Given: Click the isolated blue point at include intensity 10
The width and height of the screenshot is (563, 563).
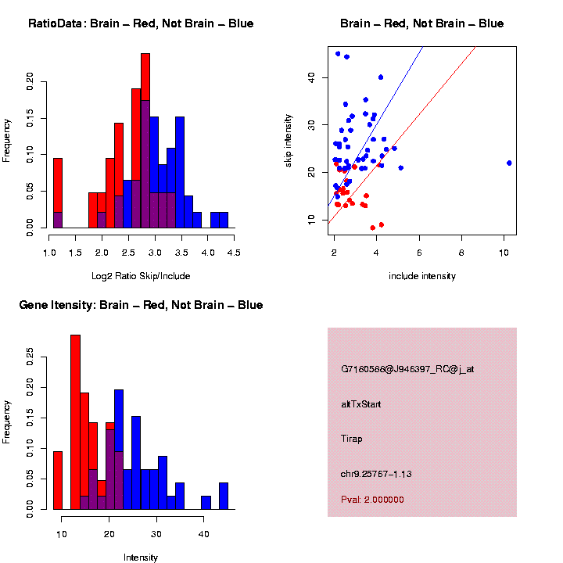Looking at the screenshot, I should click(509, 163).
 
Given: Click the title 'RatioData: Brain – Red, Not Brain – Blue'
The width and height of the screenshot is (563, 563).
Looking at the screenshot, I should click(141, 23).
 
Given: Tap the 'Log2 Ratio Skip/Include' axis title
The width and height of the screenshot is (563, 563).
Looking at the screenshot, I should click(141, 276).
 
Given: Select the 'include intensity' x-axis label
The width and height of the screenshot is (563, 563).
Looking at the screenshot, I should click(422, 276).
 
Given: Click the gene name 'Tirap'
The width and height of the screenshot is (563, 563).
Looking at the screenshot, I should click(353, 438).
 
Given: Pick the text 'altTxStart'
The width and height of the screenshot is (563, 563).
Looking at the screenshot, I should click(361, 404).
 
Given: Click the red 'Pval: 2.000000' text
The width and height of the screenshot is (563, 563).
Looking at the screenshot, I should click(372, 500).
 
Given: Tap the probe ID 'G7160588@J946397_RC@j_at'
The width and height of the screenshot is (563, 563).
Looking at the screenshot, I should click(407, 368).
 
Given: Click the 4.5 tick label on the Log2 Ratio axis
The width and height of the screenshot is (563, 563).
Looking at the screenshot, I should click(233, 253).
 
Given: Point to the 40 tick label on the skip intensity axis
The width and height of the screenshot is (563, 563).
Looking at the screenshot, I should click(310, 77).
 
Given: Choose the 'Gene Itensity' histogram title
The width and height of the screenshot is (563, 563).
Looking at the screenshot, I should click(141, 305).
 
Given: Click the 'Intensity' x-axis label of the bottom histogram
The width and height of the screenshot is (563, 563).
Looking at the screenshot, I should click(141, 558).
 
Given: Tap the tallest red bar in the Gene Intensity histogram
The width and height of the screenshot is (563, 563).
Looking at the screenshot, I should click(76, 391).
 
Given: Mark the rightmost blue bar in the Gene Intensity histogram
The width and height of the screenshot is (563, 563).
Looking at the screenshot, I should click(223, 497).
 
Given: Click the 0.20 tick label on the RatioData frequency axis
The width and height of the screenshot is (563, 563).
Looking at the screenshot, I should click(30, 82).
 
